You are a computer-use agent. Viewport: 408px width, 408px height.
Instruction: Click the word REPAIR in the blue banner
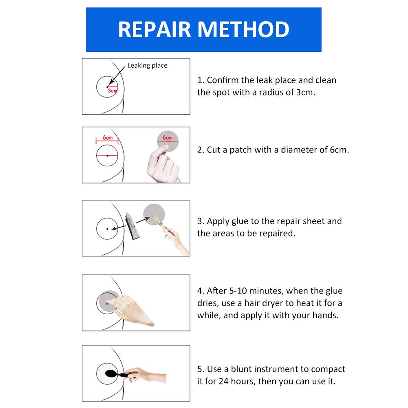[155, 29]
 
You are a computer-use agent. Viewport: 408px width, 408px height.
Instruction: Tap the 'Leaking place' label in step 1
[147, 65]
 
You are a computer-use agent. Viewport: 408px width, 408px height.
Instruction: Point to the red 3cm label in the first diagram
[112, 91]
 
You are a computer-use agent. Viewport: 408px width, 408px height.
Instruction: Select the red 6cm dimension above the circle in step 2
[107, 138]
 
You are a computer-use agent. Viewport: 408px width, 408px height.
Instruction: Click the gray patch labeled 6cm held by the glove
[168, 139]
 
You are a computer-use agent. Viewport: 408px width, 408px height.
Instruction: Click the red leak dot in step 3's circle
[107, 229]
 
